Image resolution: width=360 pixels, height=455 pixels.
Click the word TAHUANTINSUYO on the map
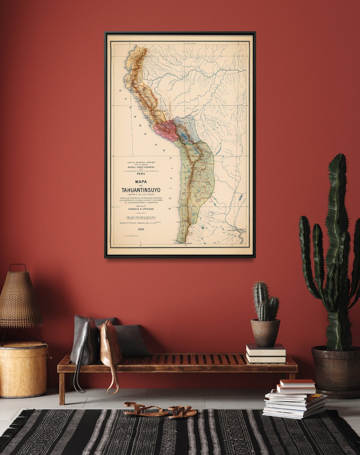point(141,190)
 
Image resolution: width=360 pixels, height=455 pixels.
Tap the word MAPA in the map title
point(141,182)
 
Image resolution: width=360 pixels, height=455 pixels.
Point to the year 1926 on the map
point(141,229)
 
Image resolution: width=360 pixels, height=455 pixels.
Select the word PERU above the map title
point(141,174)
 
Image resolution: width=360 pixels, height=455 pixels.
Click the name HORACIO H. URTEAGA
point(141,209)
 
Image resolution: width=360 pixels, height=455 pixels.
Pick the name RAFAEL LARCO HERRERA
point(141,167)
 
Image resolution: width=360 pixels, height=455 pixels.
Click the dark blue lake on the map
point(184,136)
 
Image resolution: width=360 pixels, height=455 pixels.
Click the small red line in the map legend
point(126,236)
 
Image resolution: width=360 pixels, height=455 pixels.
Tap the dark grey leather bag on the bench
point(85,344)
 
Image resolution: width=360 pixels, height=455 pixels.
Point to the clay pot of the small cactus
point(265,333)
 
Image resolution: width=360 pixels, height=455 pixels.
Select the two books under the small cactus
point(266,353)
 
